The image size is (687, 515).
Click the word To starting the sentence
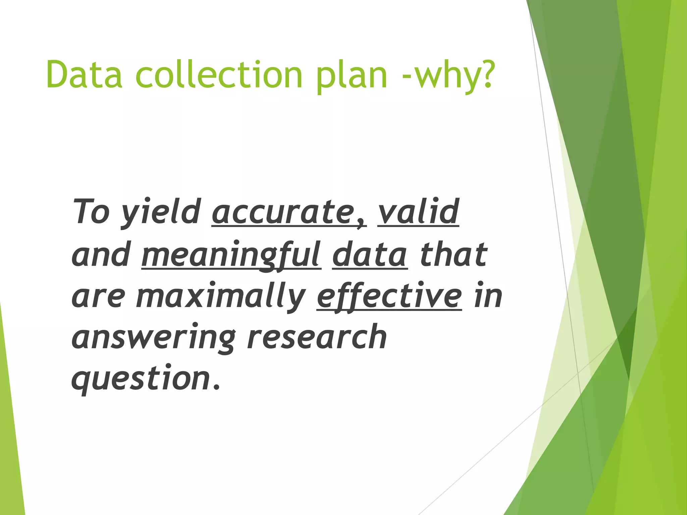91,211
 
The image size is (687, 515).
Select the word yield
161,213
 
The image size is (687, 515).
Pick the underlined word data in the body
370,255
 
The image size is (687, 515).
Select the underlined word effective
389,297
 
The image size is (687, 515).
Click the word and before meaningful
101,255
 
